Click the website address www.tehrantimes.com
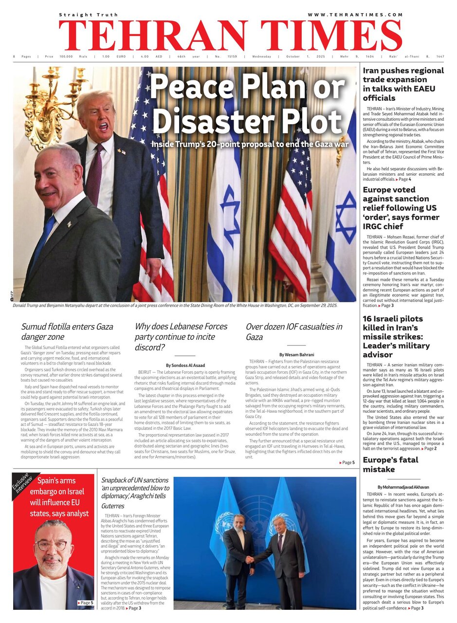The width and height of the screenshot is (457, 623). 355,15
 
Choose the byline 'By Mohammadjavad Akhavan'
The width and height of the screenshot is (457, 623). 403,487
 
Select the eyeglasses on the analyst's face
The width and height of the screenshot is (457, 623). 52,545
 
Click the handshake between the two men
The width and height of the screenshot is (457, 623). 250,560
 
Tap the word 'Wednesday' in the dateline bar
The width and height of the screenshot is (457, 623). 261,56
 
